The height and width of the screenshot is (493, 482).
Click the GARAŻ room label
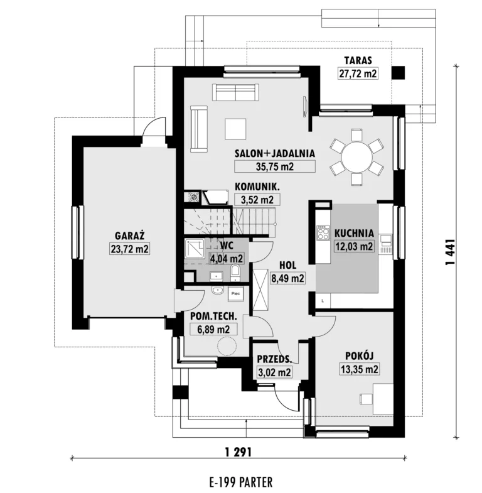(x=129, y=236)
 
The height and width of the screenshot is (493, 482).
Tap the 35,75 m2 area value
(x=275, y=166)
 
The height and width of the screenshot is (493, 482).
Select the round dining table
(x=356, y=157)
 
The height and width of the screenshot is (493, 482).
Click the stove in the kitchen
(x=323, y=232)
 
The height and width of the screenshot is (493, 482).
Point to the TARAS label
(x=358, y=60)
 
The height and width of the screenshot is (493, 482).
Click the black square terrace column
(x=398, y=73)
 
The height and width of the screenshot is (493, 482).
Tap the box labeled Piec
(x=235, y=294)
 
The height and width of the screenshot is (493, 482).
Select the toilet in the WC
(x=235, y=273)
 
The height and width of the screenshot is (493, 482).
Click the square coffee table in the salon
(x=235, y=129)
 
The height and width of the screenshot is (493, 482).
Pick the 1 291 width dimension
(x=238, y=452)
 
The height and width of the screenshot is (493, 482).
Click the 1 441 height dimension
(x=450, y=252)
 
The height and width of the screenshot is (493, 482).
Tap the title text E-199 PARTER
(x=241, y=482)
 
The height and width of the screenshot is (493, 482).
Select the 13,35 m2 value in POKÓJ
(x=360, y=369)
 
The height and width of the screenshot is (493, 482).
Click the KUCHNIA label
(x=354, y=233)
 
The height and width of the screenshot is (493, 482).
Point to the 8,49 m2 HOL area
(x=287, y=278)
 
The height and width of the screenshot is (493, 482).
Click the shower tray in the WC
(x=195, y=249)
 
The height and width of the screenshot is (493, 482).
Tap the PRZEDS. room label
(x=274, y=359)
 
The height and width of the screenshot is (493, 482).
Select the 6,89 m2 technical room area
(x=213, y=330)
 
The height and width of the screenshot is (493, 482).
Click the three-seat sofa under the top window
(x=235, y=92)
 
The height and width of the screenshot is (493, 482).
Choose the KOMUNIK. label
(x=257, y=187)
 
